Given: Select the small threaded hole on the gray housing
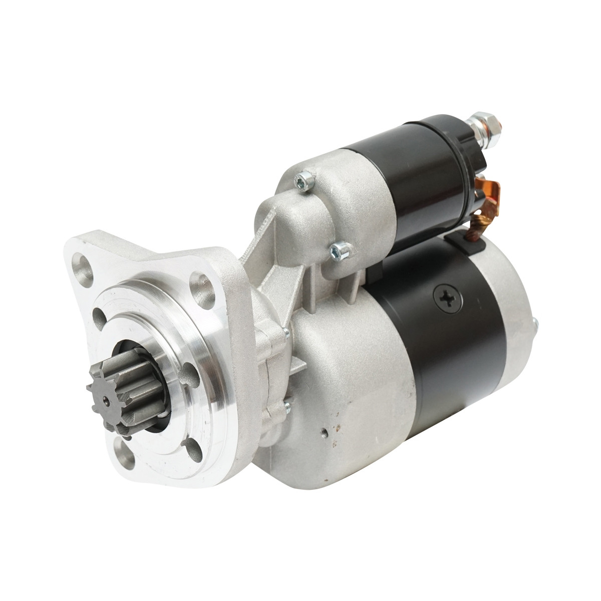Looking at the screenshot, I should click(325, 429).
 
